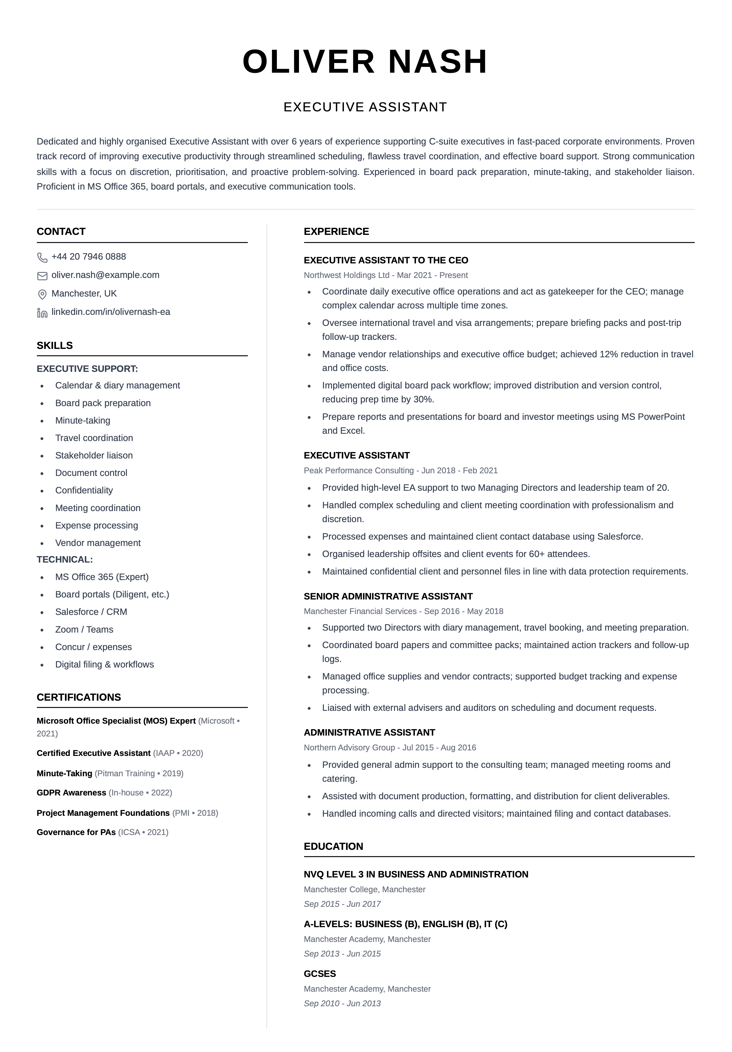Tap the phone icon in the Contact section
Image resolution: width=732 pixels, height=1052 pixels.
(42, 257)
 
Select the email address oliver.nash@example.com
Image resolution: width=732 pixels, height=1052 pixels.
(105, 275)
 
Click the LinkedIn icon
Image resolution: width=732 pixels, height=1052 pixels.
(42, 313)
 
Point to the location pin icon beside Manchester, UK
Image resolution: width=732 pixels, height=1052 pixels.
(42, 294)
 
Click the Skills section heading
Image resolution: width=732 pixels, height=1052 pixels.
(55, 345)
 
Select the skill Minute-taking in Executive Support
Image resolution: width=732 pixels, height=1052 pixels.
(82, 421)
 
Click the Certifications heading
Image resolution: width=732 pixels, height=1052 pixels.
(79, 697)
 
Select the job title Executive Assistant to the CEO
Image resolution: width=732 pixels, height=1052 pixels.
(386, 260)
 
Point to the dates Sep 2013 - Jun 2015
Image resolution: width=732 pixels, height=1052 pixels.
(342, 954)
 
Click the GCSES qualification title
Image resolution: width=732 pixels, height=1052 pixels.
(320, 974)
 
